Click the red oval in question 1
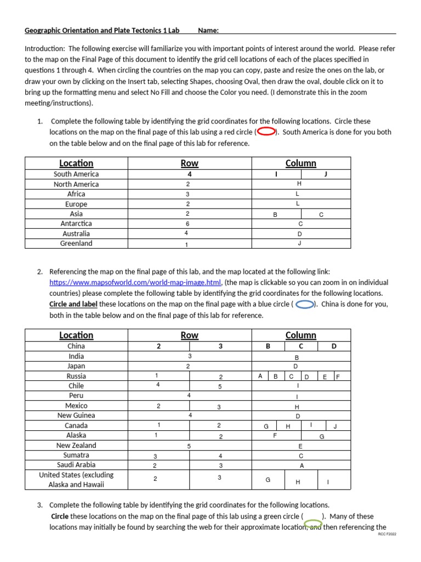(x=266, y=132)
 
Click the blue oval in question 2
(x=304, y=305)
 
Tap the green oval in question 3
(x=313, y=524)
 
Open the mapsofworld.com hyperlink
(x=135, y=283)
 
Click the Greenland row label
(x=76, y=244)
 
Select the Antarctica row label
(x=76, y=224)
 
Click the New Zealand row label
(x=76, y=446)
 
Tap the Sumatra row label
(x=76, y=456)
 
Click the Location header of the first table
(x=76, y=163)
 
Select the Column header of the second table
(x=300, y=335)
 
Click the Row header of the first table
(x=189, y=163)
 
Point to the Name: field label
(x=208, y=30)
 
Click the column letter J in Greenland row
(x=300, y=244)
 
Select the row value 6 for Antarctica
(x=187, y=224)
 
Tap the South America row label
(x=76, y=174)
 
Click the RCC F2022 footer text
(x=386, y=534)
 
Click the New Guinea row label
(x=76, y=415)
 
